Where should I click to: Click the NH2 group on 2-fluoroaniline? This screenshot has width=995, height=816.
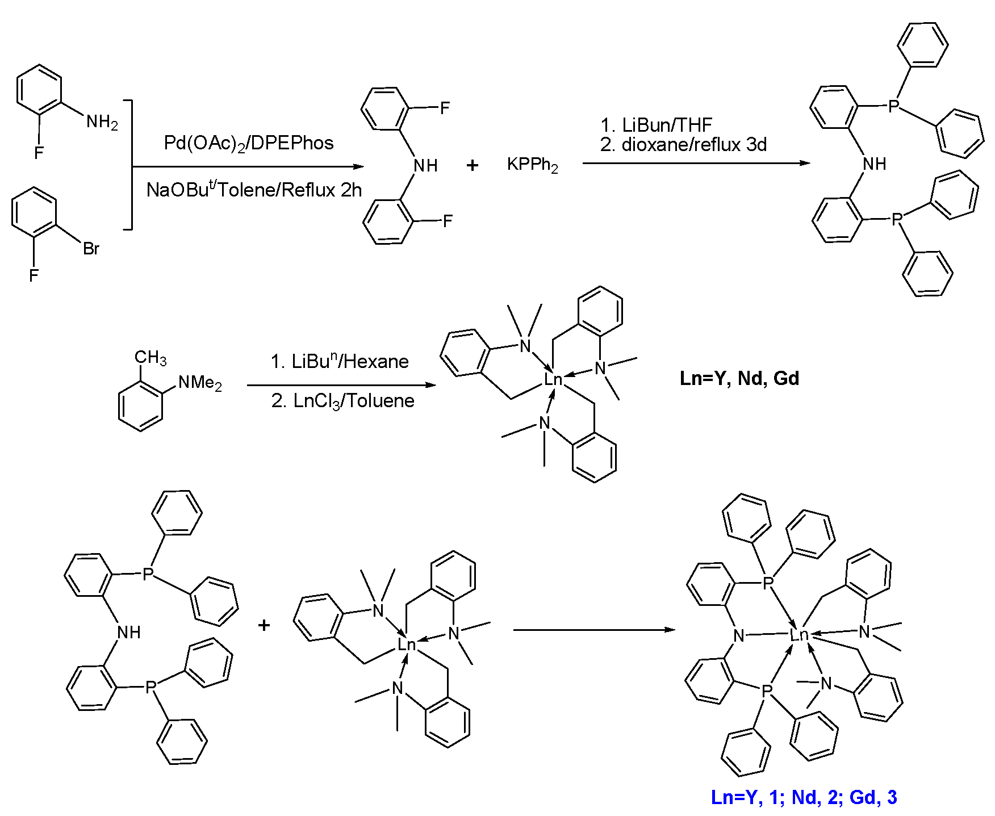[x=102, y=122]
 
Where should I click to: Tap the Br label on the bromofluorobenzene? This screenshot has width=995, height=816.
[x=91, y=249]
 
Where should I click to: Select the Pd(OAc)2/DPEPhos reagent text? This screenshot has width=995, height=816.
[x=249, y=143]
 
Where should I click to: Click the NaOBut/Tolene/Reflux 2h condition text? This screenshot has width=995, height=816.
[x=254, y=190]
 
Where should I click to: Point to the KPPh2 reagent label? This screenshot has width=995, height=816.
[x=532, y=165]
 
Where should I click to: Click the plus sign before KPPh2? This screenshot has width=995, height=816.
[x=473, y=165]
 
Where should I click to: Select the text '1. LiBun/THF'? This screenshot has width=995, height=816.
[x=656, y=125]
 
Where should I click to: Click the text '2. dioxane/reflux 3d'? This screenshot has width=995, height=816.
[x=683, y=145]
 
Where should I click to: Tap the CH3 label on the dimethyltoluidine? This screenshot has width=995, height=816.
[x=150, y=357]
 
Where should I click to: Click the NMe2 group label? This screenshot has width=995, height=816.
[x=200, y=383]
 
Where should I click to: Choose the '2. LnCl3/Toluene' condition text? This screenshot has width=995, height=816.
[x=342, y=401]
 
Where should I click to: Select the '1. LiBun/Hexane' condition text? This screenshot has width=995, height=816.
[x=340, y=361]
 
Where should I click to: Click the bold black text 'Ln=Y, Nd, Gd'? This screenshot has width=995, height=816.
[x=739, y=378]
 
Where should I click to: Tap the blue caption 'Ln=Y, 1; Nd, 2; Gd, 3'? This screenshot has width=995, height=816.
[x=804, y=797]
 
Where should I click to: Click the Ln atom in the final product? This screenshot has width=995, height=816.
[x=799, y=634]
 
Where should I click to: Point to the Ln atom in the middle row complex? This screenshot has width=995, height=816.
[x=553, y=379]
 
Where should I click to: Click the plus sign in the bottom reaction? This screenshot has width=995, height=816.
[x=264, y=626]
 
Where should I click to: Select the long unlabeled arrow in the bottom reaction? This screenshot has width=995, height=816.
[x=593, y=630]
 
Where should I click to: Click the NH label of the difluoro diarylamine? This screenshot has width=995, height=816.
[x=425, y=166]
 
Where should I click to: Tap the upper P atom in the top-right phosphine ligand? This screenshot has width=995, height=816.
[x=893, y=106]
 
